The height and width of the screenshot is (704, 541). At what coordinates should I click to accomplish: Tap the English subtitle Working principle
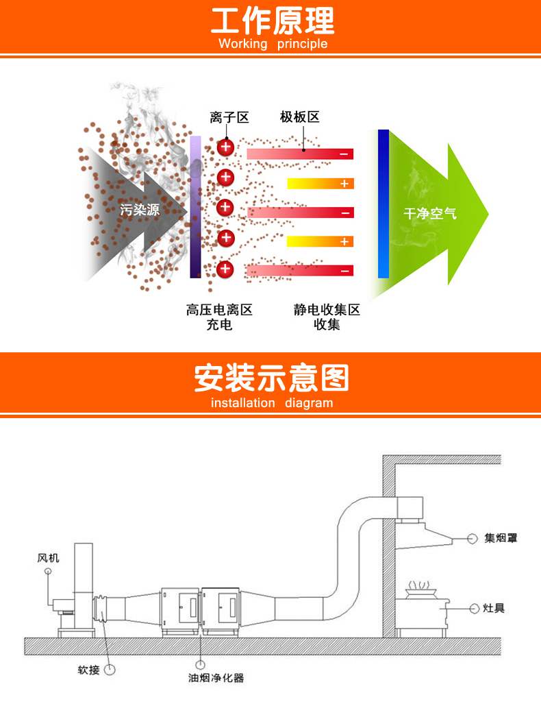273,45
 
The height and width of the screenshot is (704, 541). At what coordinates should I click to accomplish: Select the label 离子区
229,117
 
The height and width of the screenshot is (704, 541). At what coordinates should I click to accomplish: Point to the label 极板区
300,117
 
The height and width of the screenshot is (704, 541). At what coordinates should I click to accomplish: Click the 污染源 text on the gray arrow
140,210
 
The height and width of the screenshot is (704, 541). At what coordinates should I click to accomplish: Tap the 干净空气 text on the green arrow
429,214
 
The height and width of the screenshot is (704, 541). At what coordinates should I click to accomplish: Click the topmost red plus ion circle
225,147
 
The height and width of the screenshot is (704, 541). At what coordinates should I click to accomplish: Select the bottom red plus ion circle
225,269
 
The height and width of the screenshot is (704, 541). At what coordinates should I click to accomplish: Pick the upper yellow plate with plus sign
320,184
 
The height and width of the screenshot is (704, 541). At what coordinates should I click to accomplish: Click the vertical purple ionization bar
195,206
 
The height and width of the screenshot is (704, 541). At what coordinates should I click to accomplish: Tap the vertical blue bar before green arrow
383,204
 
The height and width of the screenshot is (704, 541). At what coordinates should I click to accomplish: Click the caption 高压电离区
219,310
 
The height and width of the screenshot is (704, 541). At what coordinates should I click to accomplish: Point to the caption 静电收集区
327,310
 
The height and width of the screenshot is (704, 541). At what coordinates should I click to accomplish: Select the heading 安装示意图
272,378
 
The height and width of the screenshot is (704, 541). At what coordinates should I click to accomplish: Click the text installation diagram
272,403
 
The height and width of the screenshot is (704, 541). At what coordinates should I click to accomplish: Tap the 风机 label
48,558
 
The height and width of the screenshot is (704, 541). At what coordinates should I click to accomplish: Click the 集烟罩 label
501,538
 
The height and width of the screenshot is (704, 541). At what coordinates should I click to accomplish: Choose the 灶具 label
494,608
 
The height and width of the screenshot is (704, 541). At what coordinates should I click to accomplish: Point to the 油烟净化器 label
216,678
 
